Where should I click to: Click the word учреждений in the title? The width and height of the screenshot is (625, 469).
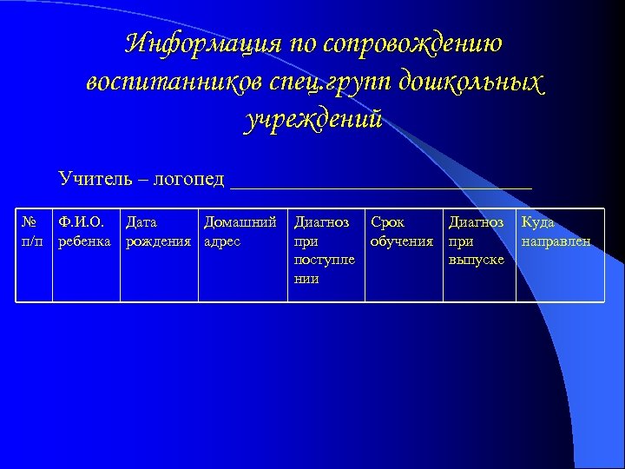tap(313, 120)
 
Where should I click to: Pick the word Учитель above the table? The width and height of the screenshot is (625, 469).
tap(95, 179)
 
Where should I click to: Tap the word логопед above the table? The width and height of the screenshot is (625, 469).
tap(187, 179)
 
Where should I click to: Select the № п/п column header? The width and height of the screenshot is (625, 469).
tap(32, 232)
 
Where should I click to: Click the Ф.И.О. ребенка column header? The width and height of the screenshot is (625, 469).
tap(84, 232)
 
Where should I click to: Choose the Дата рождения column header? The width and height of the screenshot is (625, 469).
tap(158, 232)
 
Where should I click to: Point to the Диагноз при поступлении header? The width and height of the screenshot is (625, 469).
tap(324, 250)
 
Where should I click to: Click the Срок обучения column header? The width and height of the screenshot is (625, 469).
tap(402, 232)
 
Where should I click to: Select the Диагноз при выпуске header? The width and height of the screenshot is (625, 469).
tap(477, 241)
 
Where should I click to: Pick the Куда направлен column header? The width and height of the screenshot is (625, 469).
tap(556, 232)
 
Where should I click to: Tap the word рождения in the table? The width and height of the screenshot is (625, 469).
tap(158, 241)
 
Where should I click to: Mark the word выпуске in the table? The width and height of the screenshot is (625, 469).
tap(477, 260)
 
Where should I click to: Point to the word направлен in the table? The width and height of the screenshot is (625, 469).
tap(556, 241)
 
